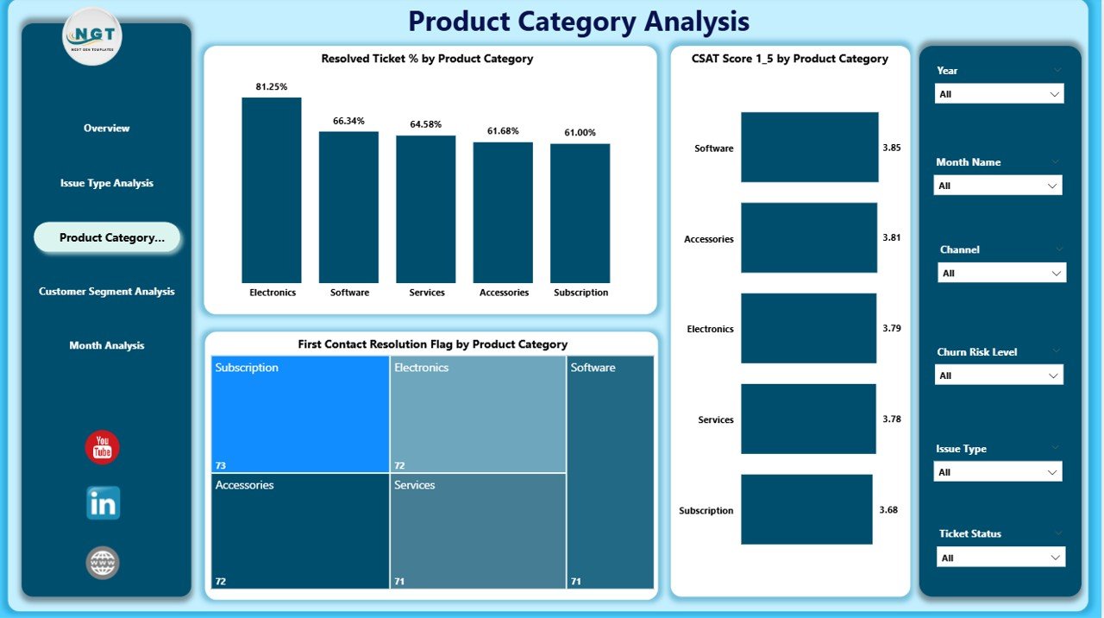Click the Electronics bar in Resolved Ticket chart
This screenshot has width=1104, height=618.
pos(272,190)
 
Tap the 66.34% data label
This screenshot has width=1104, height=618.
pos(348,121)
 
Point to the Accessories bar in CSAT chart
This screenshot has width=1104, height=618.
pos(808,238)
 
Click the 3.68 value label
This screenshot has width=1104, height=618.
pos(888,510)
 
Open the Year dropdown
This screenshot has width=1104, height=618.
pos(999,94)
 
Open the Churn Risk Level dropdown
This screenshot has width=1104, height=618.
pos(999,375)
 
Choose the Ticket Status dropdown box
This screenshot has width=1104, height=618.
pos(1000,558)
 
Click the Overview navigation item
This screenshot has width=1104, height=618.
pos(106,129)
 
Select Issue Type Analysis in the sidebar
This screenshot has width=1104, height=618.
pos(106,183)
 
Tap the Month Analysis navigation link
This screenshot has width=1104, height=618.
pos(106,345)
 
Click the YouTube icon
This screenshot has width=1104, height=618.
pos(103,447)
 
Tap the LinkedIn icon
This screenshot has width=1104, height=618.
pos(103,503)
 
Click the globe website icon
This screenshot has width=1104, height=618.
pos(103,563)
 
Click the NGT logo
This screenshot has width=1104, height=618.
pos(92,36)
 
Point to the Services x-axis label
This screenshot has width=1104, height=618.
pos(427,293)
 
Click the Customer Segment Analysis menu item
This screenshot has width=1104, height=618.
pos(106,292)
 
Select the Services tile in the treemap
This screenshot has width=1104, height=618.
pos(478,531)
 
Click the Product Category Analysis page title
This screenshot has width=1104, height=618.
pos(579,21)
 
